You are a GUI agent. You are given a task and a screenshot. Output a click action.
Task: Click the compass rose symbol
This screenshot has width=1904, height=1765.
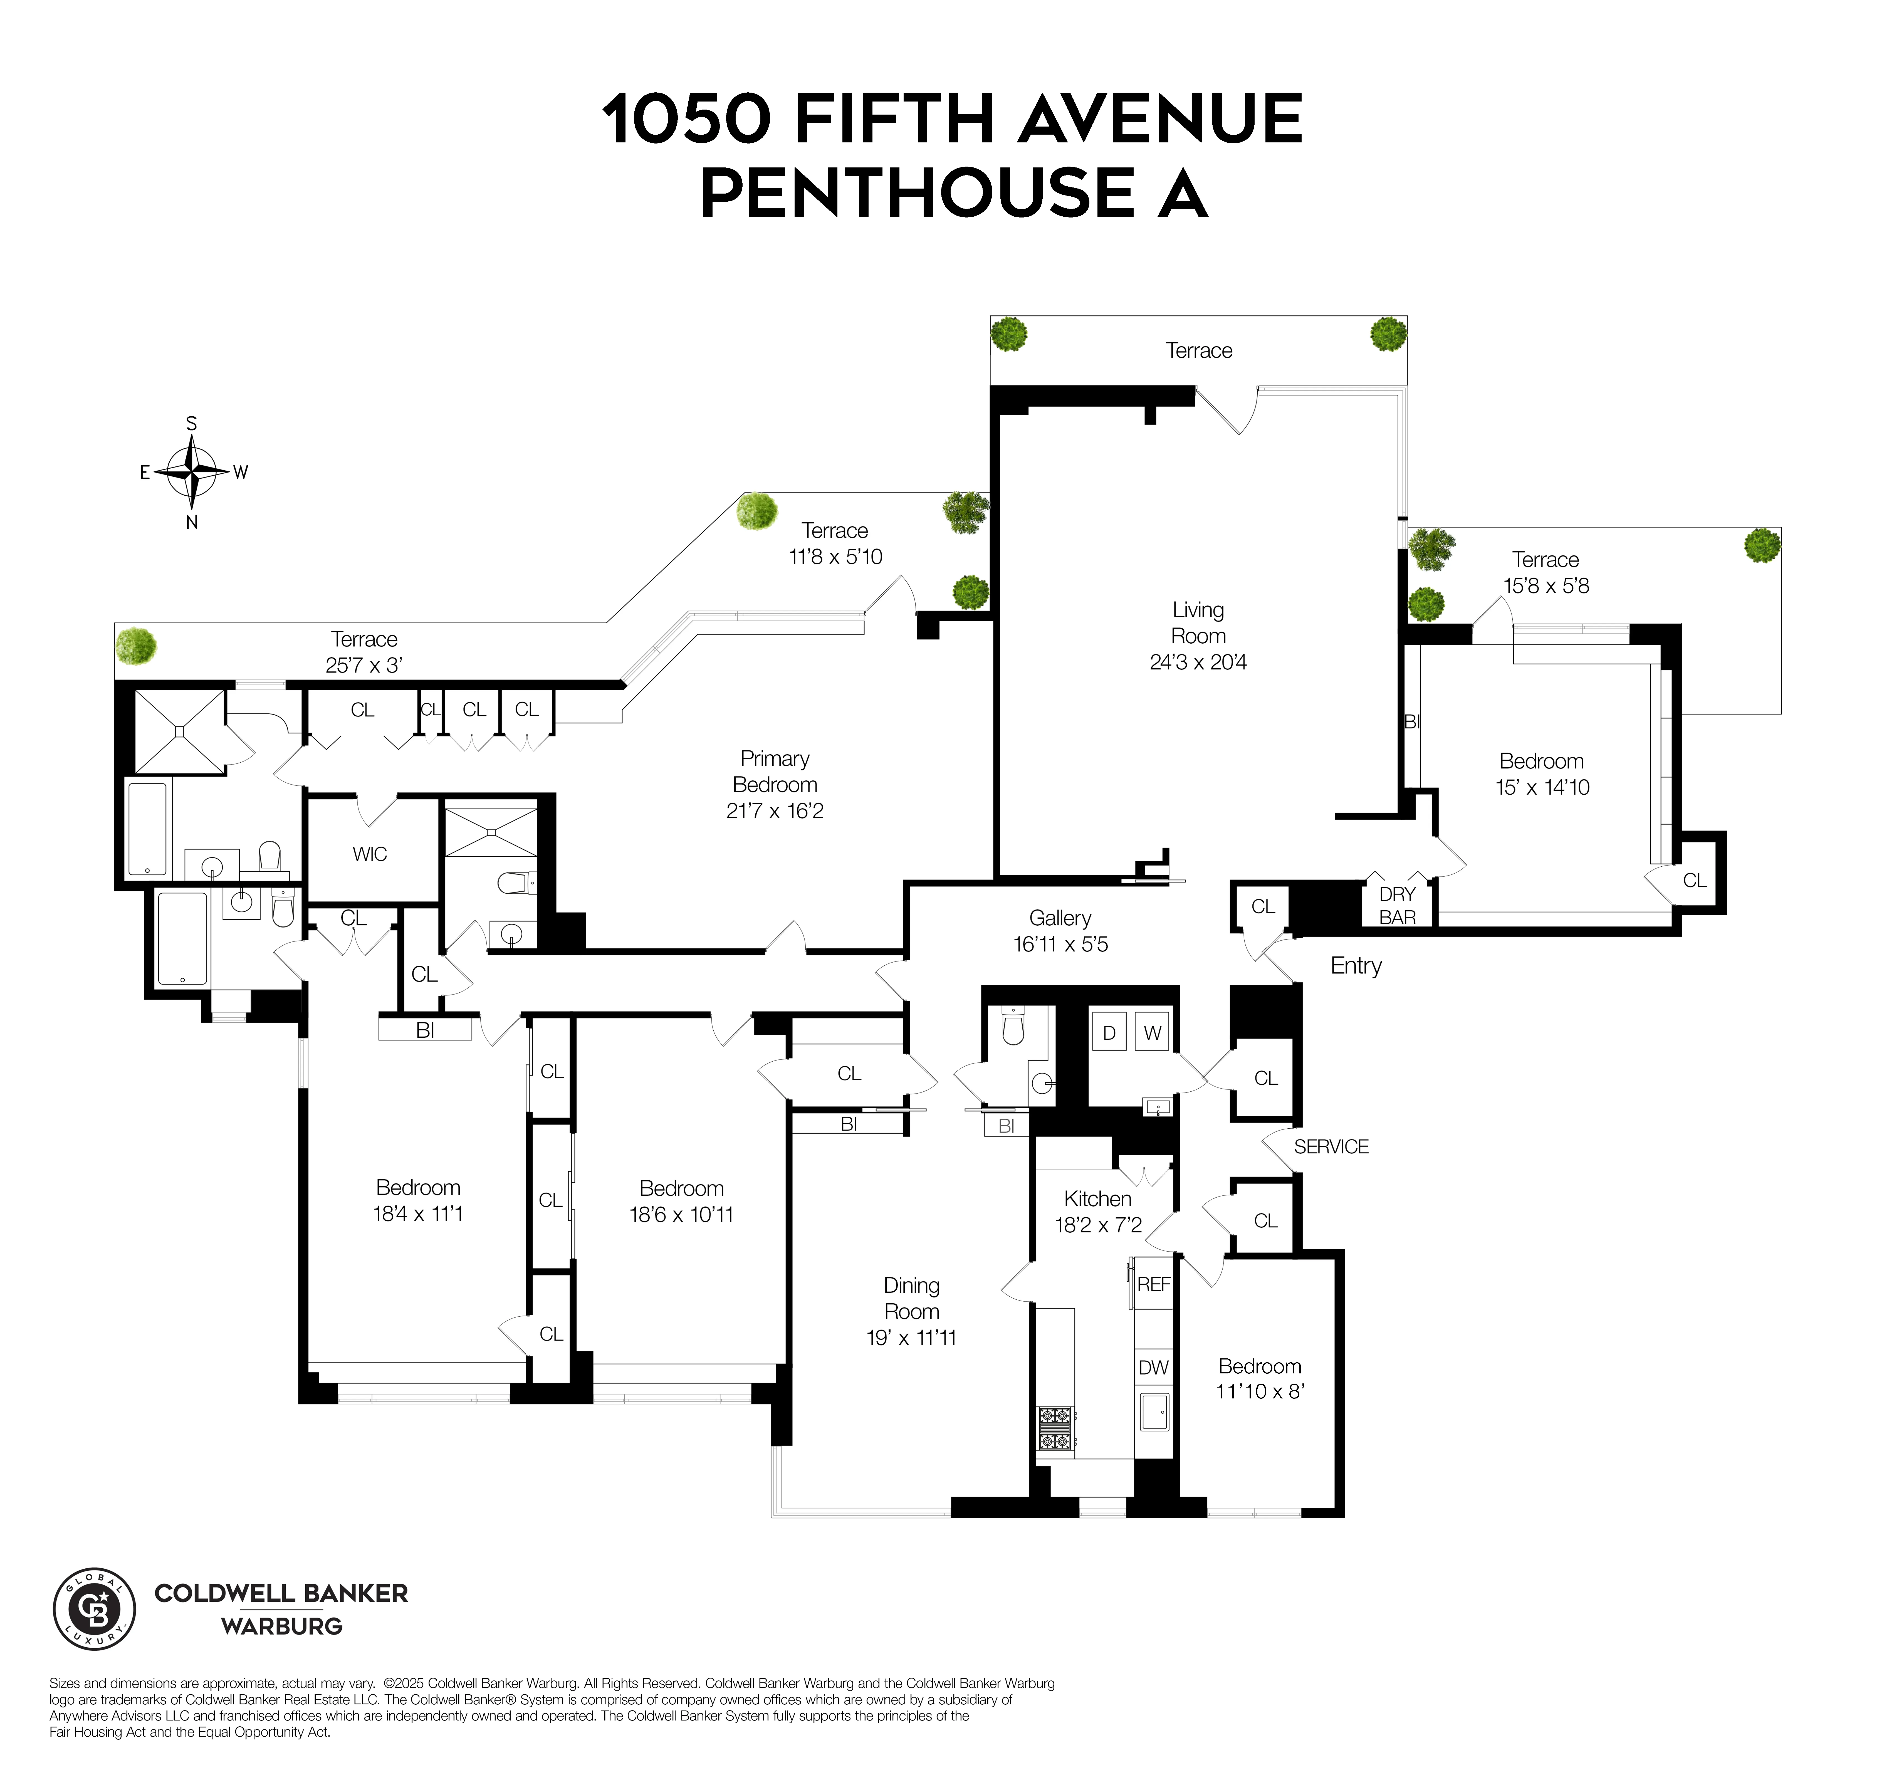(192, 472)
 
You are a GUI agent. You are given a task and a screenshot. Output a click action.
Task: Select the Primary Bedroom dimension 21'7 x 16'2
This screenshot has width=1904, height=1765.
(774, 811)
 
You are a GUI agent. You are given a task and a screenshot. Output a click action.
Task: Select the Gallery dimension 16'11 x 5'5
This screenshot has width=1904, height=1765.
(1060, 945)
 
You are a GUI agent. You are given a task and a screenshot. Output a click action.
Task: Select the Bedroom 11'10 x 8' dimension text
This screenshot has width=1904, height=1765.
(1260, 1391)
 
